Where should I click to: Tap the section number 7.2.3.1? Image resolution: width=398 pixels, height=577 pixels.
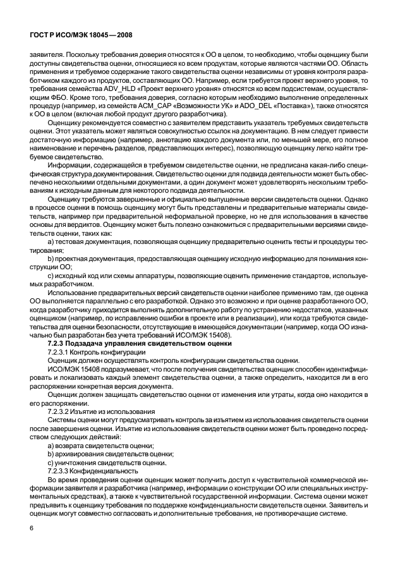61,351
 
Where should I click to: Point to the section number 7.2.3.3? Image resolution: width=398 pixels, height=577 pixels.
61,471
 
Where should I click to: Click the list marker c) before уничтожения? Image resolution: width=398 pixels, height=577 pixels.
51,462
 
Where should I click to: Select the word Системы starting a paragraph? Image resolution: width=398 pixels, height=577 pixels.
62,419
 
